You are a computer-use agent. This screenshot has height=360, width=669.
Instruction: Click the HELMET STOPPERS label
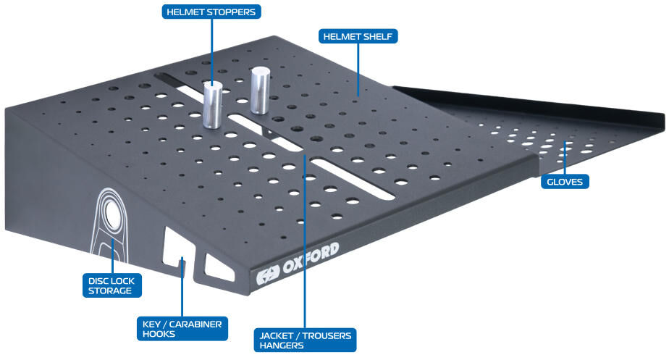[211, 12]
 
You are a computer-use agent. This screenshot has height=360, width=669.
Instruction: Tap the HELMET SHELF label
[358, 36]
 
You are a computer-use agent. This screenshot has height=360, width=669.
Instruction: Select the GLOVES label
[565, 182]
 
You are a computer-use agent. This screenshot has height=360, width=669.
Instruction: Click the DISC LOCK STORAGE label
[111, 285]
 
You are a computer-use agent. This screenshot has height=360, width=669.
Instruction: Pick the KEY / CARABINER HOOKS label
[182, 329]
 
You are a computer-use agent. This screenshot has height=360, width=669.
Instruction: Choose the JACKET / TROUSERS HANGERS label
[305, 340]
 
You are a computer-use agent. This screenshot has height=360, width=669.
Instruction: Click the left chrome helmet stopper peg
[212, 105]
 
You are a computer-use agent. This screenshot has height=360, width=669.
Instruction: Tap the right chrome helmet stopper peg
[260, 91]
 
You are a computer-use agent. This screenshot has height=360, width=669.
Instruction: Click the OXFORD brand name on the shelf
[311, 258]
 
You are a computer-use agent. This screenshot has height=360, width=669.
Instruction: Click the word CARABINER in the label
[195, 324]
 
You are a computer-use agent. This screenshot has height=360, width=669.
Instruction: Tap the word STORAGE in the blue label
[110, 290]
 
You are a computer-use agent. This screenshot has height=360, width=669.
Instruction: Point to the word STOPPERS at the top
[233, 12]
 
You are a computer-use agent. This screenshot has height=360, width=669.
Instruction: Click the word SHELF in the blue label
[376, 36]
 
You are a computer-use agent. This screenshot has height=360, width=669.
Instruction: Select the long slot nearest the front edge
[353, 179]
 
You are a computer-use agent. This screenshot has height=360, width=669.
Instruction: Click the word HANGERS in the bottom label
[282, 345]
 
